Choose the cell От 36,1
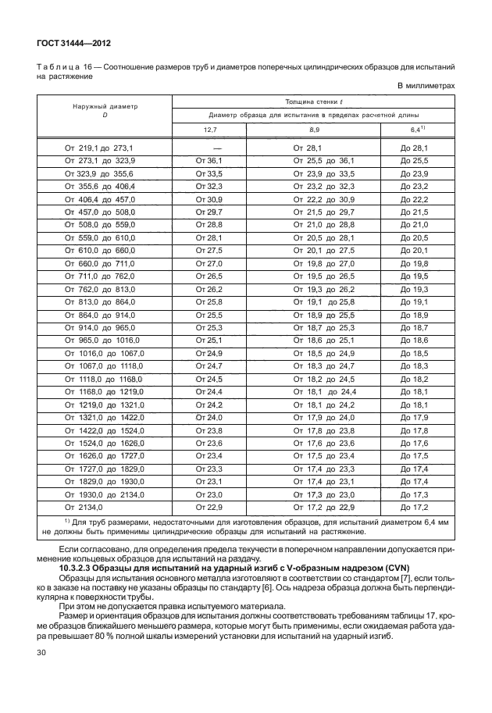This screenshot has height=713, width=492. coord(209,159)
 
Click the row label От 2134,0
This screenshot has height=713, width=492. coord(84,507)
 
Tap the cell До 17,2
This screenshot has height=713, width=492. coord(415,507)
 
